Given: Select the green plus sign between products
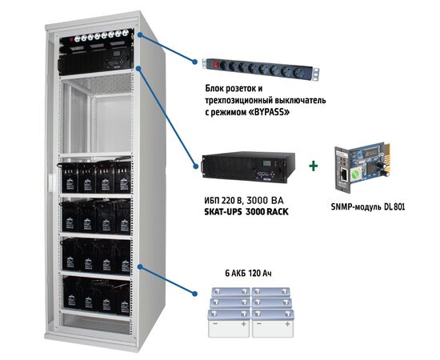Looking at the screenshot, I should coord(311,165).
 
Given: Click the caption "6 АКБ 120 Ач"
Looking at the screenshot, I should coord(241,274).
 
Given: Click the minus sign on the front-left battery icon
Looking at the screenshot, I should coord(215,328).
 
